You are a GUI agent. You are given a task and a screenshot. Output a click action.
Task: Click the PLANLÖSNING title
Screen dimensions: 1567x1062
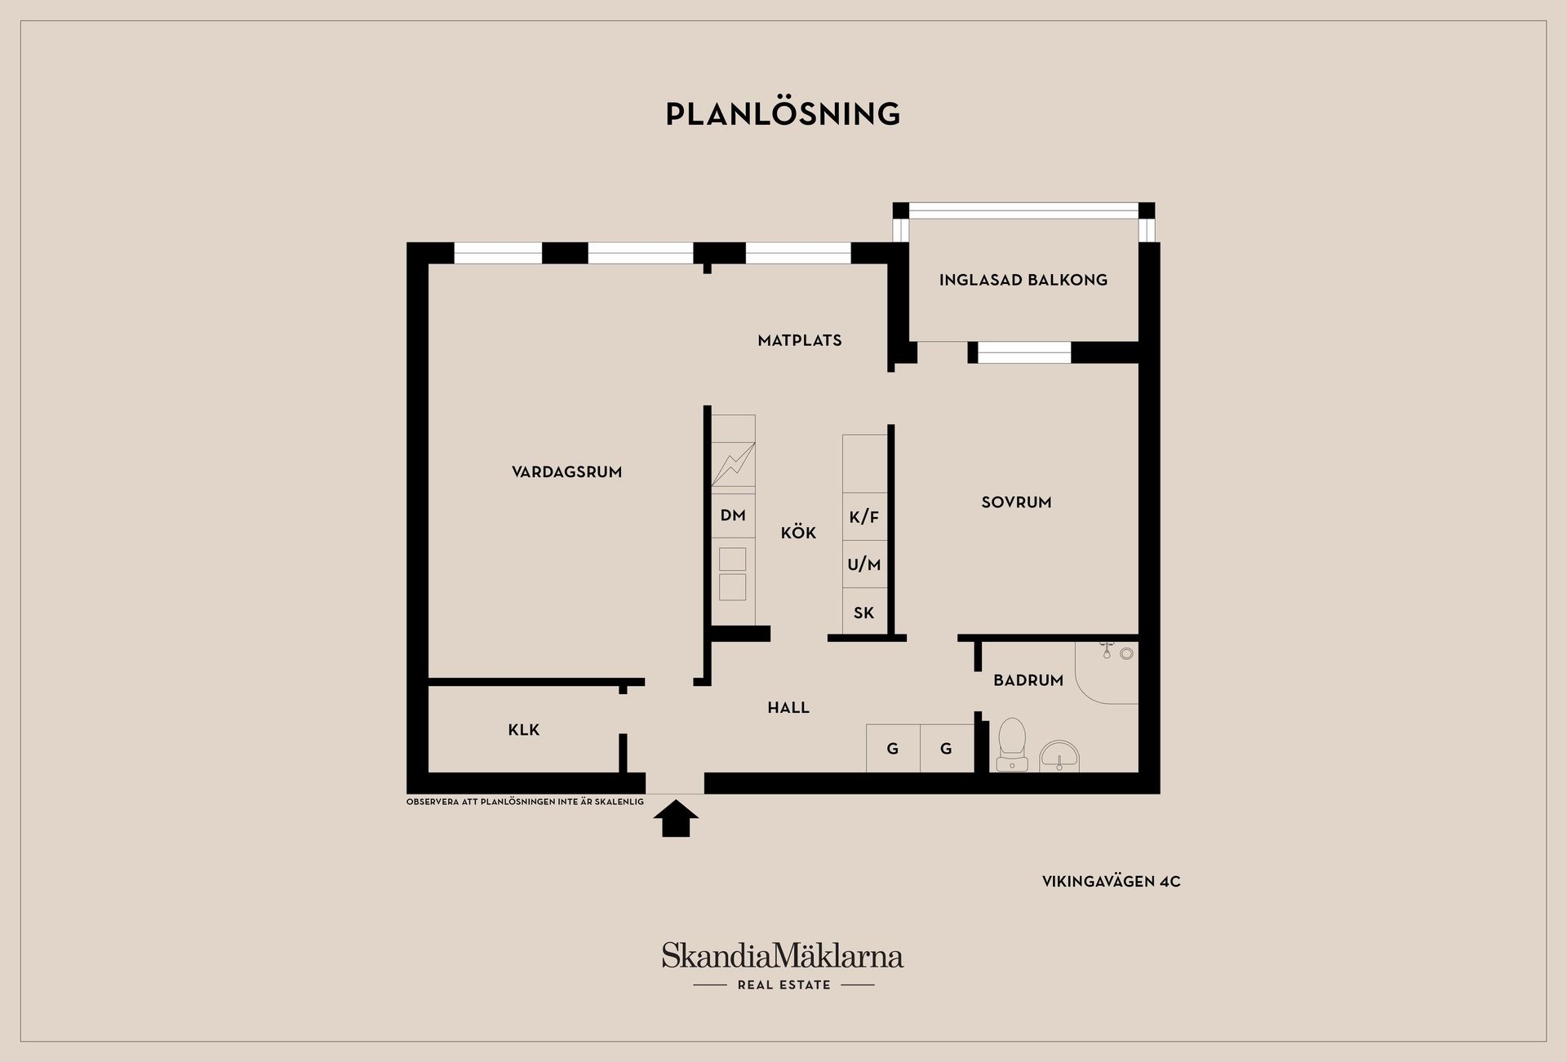coord(783,113)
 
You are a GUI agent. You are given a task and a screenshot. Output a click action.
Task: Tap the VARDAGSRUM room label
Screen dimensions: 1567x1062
coord(566,472)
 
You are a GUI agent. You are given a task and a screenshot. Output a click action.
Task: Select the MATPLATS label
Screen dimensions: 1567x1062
coord(799,341)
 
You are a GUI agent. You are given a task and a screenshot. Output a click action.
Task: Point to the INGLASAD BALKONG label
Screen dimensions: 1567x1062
coord(1023,280)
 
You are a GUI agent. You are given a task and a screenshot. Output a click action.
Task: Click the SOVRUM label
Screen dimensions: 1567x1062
coord(1016,502)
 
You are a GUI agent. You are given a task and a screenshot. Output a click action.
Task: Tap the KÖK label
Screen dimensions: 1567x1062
coord(798,533)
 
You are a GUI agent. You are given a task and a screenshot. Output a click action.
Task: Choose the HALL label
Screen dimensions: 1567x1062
coord(788,708)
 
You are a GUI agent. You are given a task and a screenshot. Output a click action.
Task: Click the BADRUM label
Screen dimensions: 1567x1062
coord(1028,680)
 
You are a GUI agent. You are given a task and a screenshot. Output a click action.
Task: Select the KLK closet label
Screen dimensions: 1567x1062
coord(523,730)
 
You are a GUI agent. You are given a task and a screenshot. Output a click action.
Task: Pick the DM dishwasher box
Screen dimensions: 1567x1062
coord(733,515)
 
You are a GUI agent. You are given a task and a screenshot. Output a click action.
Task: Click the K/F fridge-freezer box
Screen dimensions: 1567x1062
coord(864,516)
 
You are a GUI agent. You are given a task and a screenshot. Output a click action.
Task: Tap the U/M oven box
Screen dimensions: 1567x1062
coord(864,564)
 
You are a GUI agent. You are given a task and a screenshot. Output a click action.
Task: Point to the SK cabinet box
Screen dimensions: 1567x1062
coord(864,612)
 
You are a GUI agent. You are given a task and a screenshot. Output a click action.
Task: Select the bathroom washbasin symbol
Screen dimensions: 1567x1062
coord(1059,756)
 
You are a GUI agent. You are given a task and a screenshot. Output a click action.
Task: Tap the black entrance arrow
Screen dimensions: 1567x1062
coord(676,819)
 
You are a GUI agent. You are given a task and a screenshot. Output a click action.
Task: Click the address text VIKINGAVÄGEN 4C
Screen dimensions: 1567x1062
coord(1111,882)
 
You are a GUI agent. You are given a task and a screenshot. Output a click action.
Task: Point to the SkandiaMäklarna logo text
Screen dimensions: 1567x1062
coord(783,955)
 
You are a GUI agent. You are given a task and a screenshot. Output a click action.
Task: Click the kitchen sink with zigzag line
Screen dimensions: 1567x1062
coord(733,464)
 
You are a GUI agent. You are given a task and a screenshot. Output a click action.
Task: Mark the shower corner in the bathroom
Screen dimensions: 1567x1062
coord(1107,673)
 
